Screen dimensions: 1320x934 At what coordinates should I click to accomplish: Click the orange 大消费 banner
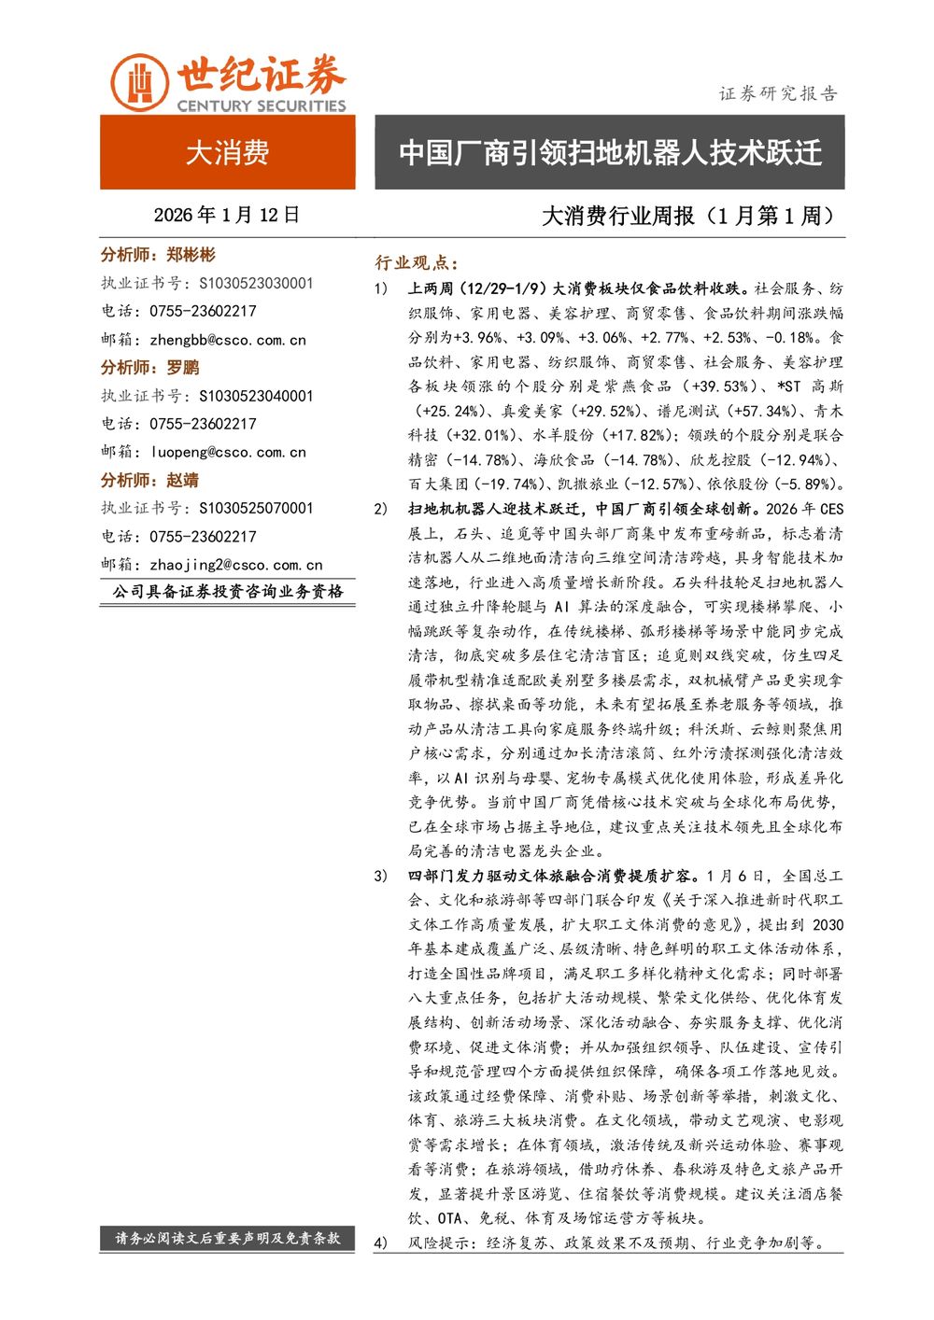click(x=227, y=152)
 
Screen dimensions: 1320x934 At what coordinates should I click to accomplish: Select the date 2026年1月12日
click(x=227, y=215)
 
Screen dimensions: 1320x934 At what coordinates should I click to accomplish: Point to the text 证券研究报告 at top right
click(x=778, y=93)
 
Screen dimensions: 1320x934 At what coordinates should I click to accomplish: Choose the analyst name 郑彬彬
click(x=191, y=255)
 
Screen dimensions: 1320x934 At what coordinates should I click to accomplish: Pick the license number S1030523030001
click(x=256, y=283)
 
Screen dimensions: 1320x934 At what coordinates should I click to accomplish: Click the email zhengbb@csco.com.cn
click(x=227, y=340)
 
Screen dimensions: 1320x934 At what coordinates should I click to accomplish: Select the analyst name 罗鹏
click(x=183, y=368)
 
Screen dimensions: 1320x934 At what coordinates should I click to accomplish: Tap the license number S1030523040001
click(x=256, y=396)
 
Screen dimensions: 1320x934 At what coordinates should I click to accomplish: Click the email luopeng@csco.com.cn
click(x=227, y=452)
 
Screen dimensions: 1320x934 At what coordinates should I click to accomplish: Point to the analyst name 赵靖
click(x=183, y=480)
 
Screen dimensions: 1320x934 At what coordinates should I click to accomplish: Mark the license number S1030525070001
click(x=256, y=508)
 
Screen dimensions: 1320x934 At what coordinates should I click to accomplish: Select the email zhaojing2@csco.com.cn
click(x=235, y=565)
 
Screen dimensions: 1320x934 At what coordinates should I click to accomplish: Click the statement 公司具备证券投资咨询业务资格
click(x=227, y=592)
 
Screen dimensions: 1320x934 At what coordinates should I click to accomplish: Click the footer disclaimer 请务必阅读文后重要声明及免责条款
click(x=227, y=1238)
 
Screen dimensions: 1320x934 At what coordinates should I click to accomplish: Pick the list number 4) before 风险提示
click(x=380, y=1243)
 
